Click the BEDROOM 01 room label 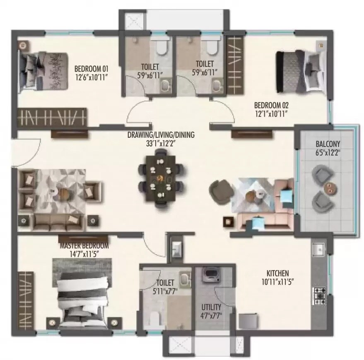pyautogui.click(x=91, y=69)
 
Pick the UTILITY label pyautogui.click(x=211, y=307)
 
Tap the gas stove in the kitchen pyautogui.click(x=319, y=295)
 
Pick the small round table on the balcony pyautogui.click(x=330, y=187)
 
